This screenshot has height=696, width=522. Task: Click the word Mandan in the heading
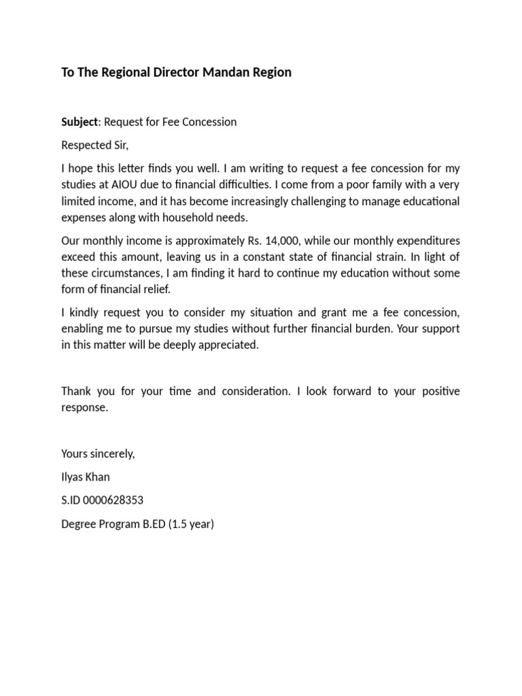pyautogui.click(x=227, y=72)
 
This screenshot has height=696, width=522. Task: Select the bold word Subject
pyautogui.click(x=80, y=122)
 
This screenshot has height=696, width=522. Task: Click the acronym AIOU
pyautogui.click(x=139, y=184)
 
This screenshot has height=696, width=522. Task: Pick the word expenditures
pyautogui.click(x=426, y=240)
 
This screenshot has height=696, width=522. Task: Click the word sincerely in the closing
pyautogui.click(x=111, y=454)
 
